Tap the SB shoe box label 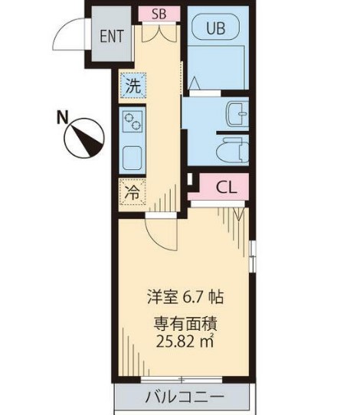(159, 13)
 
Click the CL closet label (225, 186)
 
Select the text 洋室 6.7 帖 (185, 296)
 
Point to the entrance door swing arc (73, 34)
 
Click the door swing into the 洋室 (161, 234)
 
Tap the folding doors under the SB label (159, 32)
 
